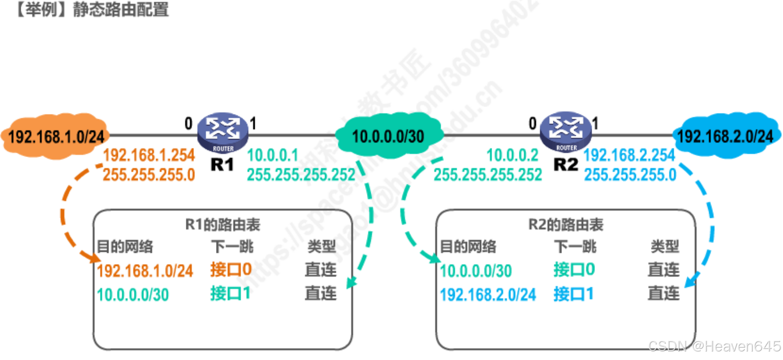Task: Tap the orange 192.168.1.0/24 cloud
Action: (56, 136)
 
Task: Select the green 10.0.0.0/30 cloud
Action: (388, 136)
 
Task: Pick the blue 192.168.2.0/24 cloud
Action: (725, 136)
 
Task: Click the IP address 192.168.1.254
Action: (149, 155)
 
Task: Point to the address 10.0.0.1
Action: (273, 155)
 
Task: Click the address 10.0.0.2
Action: (513, 155)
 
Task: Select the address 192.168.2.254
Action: (629, 155)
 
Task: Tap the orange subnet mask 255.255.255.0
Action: (149, 174)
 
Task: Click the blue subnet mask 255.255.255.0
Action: (630, 174)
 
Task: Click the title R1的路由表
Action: (222, 224)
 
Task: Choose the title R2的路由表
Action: (566, 224)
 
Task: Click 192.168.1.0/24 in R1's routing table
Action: (145, 271)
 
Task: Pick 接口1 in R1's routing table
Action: (230, 294)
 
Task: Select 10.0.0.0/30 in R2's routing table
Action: (475, 271)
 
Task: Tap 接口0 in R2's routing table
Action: (574, 270)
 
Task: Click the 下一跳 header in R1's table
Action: (232, 246)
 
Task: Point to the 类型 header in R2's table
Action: (665, 246)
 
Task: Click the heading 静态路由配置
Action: (121, 9)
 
